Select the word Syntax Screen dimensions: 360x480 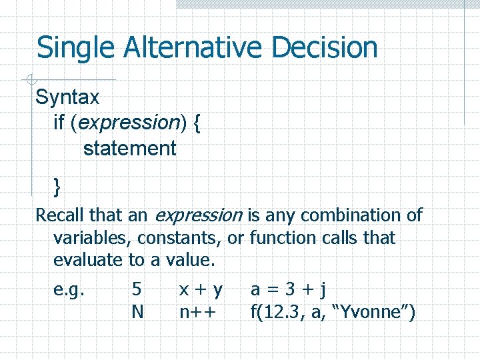(67, 98)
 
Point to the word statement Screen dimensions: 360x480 (129, 148)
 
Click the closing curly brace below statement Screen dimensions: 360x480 (57, 187)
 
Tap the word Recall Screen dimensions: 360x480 (59, 215)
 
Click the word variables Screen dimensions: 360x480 (90, 238)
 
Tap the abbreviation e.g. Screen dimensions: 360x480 (69, 290)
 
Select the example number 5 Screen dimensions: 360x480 (137, 289)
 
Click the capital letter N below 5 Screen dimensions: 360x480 (137, 311)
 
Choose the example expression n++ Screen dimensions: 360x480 (198, 311)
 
